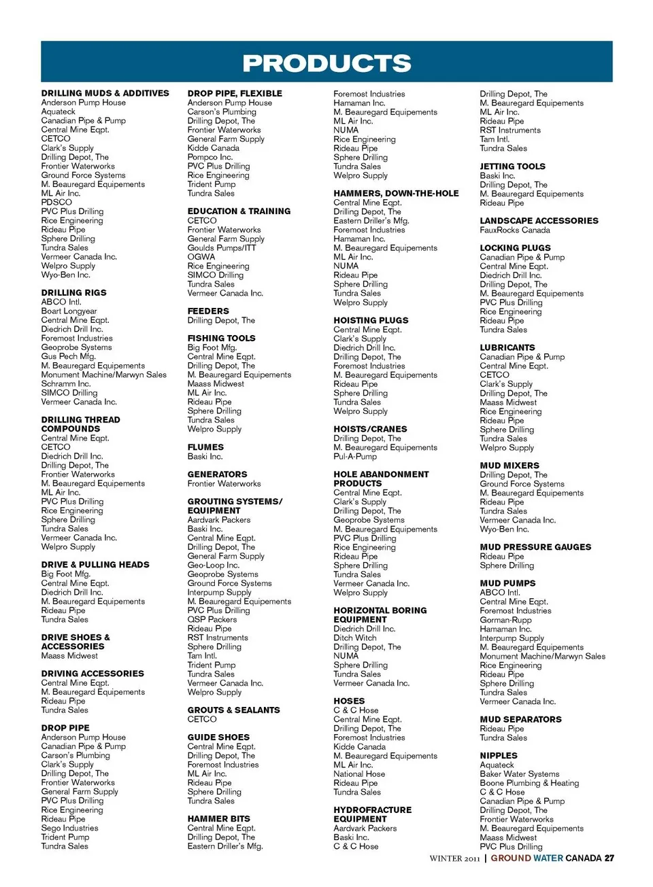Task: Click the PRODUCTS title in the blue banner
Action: (326, 63)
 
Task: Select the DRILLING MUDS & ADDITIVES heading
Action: (105, 93)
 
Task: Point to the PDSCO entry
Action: (56, 202)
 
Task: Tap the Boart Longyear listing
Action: (69, 311)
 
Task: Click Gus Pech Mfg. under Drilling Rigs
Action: (68, 356)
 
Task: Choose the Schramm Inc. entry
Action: (65, 383)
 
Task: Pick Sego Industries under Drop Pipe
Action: (69, 828)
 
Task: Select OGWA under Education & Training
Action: (201, 257)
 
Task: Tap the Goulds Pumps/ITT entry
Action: (222, 248)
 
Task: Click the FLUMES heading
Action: (205, 447)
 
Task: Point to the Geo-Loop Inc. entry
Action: (213, 565)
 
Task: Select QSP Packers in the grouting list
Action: (212, 619)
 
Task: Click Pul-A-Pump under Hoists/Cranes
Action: (354, 457)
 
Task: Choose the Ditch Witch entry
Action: (354, 638)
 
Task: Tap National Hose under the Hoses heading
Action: (358, 773)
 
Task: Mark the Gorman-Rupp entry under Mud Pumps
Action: (505, 620)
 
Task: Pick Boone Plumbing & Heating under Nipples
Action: (529, 783)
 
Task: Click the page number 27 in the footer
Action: (609, 858)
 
